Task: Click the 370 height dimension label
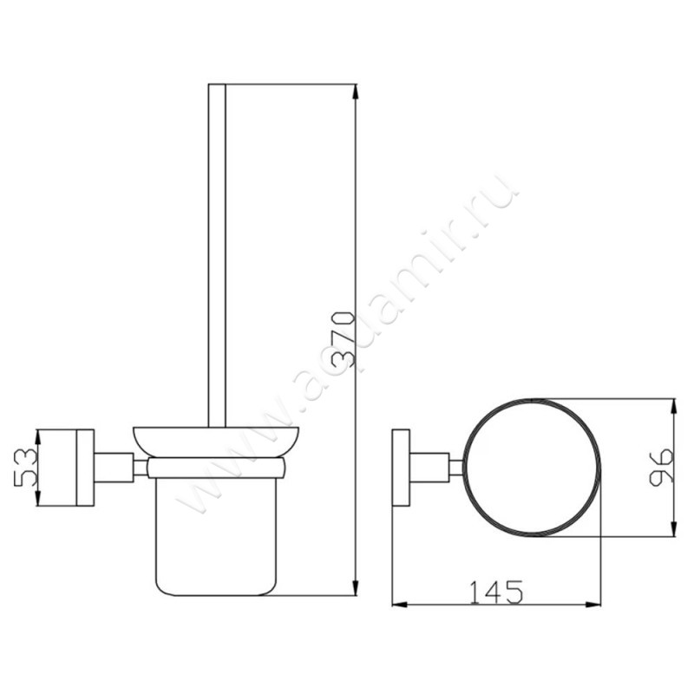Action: [344, 340]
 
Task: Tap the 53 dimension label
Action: [25, 468]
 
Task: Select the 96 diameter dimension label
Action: [661, 468]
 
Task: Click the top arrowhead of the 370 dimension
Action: [355, 92]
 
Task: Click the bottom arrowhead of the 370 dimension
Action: [355, 588]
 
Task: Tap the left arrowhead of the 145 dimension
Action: [400, 604]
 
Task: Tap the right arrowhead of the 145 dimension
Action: [593, 604]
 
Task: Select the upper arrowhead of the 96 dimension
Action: [674, 407]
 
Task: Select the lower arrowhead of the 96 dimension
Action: [674, 528]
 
